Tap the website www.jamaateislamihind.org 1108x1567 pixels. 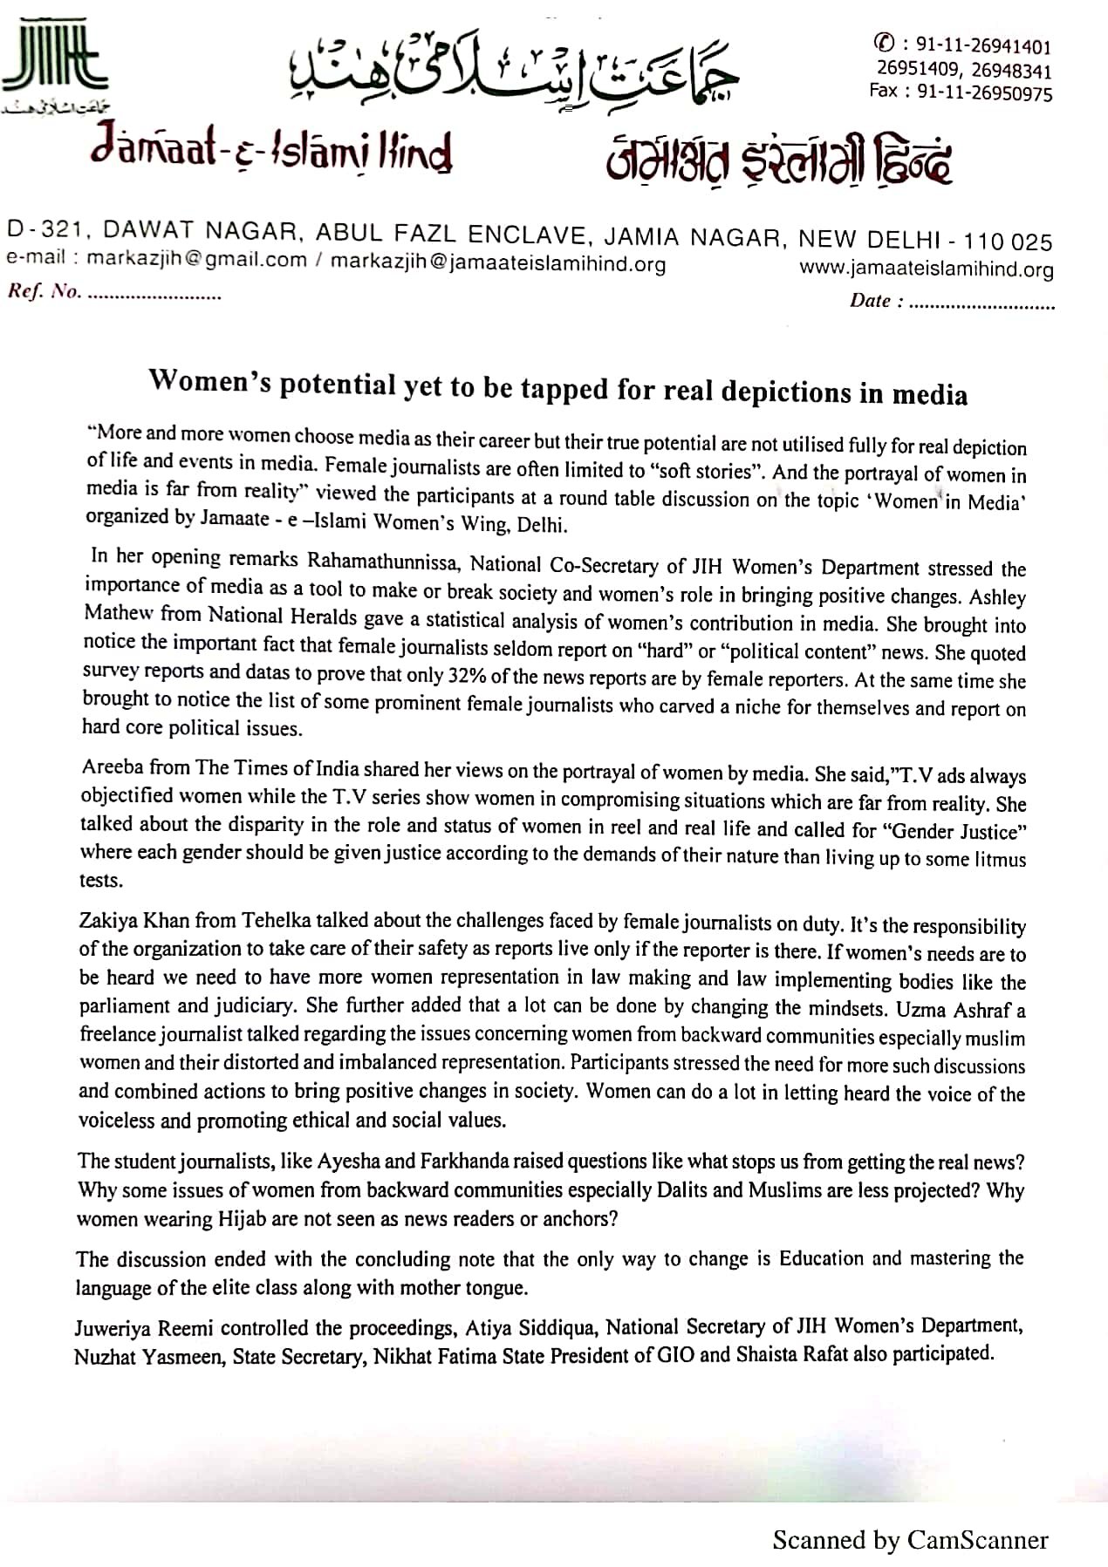(x=927, y=269)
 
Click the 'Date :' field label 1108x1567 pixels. (x=870, y=302)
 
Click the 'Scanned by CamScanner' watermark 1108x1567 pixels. (x=910, y=1540)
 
